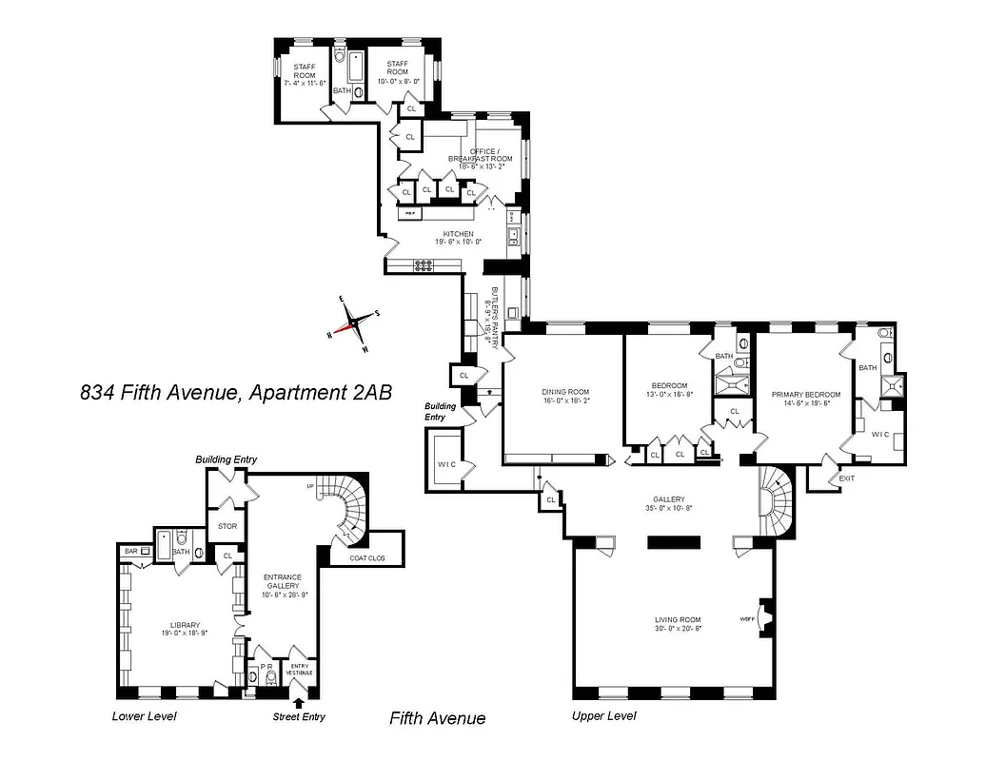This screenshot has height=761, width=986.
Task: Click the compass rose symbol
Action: click(354, 323)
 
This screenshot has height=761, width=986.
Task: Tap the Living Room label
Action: click(677, 625)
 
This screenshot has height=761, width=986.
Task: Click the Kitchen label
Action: click(458, 238)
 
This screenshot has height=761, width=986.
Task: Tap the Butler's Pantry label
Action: click(495, 319)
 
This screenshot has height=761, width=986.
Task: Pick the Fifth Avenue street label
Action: click(437, 718)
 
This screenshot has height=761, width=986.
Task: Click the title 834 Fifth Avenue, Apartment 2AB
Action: click(236, 392)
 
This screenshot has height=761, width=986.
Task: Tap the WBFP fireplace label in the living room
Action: click(745, 620)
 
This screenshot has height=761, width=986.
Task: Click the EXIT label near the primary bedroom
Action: click(846, 478)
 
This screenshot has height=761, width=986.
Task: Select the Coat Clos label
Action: click(365, 558)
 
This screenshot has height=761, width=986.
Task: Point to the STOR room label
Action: click(227, 525)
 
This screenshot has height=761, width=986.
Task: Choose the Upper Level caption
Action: click(603, 716)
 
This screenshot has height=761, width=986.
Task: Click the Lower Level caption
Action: click(145, 716)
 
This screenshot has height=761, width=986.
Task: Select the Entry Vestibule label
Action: click(299, 669)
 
